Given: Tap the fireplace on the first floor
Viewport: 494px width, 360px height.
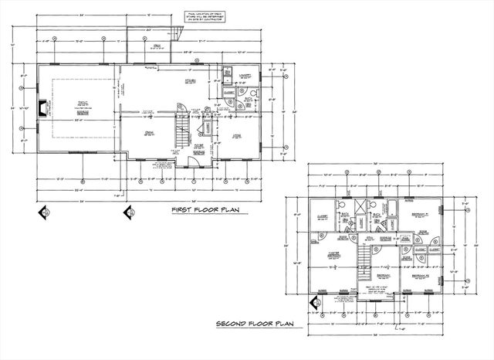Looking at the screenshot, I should click(x=43, y=109).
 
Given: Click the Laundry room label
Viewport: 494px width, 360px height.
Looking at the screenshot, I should click(x=245, y=77).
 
